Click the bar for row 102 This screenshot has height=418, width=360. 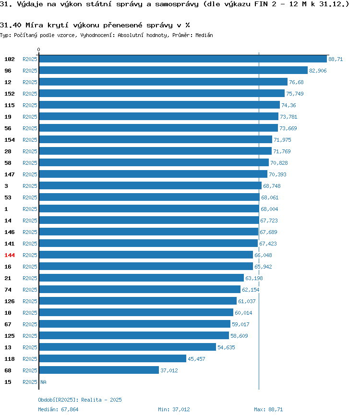183,59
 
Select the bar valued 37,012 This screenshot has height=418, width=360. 99,370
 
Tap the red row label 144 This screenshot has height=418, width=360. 10,255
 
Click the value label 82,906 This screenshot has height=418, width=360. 318,71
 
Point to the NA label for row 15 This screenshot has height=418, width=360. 43,382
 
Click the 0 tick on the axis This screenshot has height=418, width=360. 38,49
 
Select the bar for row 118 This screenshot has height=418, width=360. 113,358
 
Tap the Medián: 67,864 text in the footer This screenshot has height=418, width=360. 58,409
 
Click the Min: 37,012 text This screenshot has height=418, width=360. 174,409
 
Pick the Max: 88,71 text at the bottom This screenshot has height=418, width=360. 268,409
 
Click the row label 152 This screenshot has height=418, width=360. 10,94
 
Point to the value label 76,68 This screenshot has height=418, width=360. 296,82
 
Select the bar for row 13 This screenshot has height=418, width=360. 128,347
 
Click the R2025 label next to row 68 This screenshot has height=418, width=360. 30,370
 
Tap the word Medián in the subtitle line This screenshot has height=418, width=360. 204,35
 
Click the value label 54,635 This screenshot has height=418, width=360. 227,347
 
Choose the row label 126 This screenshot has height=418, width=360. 10,301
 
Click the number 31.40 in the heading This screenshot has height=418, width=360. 11,25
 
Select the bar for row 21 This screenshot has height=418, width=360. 142,278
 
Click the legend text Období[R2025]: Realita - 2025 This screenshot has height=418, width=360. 80,400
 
